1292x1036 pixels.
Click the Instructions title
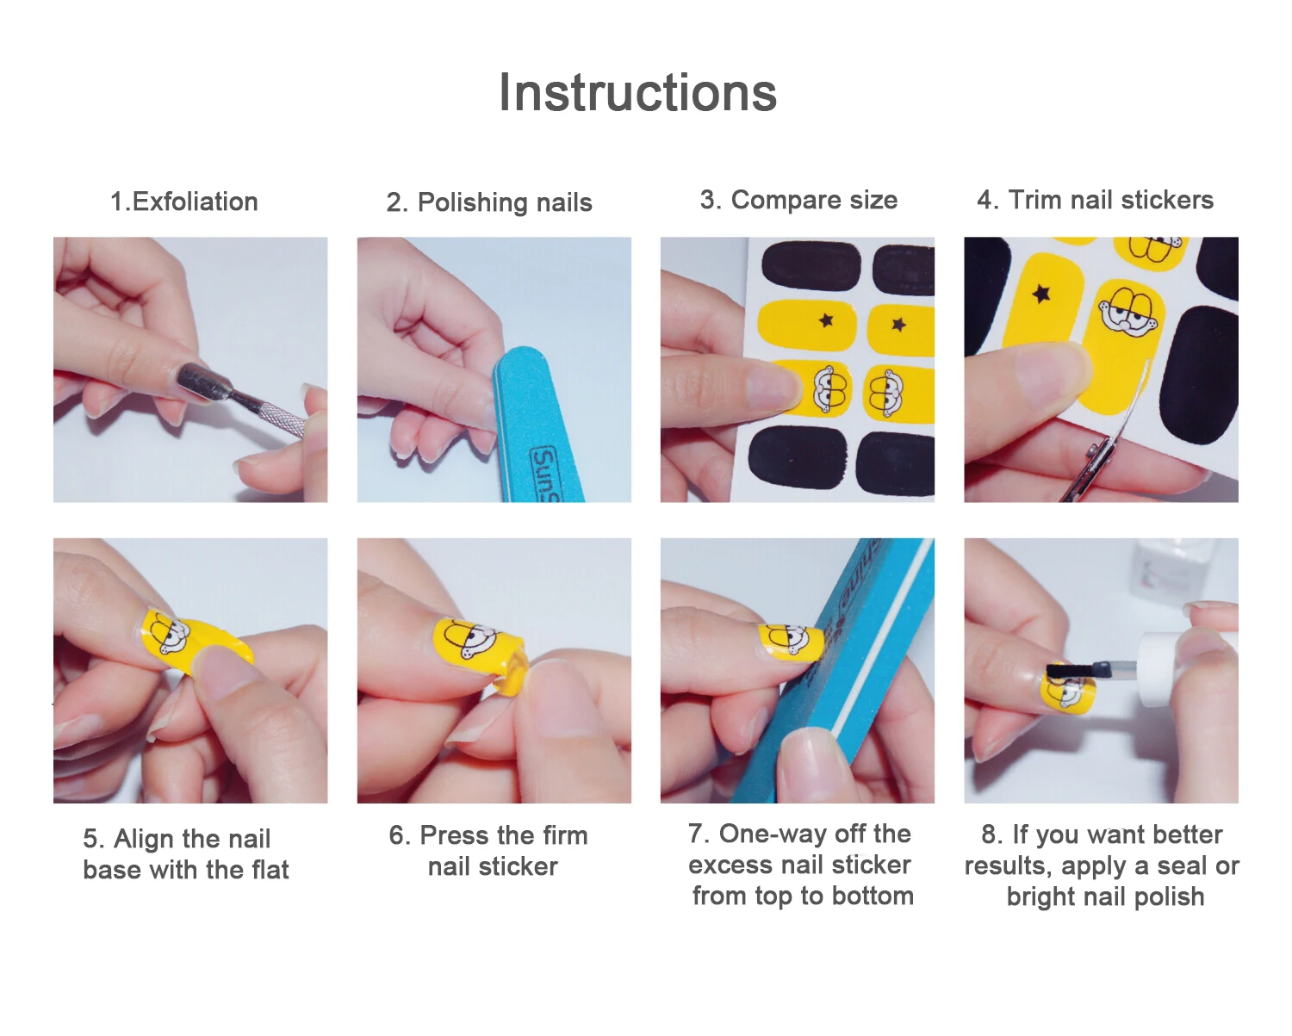tap(637, 92)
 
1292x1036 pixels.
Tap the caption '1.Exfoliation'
tap(184, 202)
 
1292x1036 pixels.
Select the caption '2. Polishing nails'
tap(489, 202)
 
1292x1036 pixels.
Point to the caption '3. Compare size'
tap(798, 200)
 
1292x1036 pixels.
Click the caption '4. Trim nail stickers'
tap(1095, 200)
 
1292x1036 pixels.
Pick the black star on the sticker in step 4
tap(1041, 294)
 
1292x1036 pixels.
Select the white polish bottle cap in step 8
tap(1158, 668)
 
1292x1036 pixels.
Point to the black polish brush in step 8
tap(1072, 671)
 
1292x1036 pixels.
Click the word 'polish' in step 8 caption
tap(1169, 897)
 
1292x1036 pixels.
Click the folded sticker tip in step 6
tap(512, 669)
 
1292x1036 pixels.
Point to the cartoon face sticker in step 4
tap(1128, 312)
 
